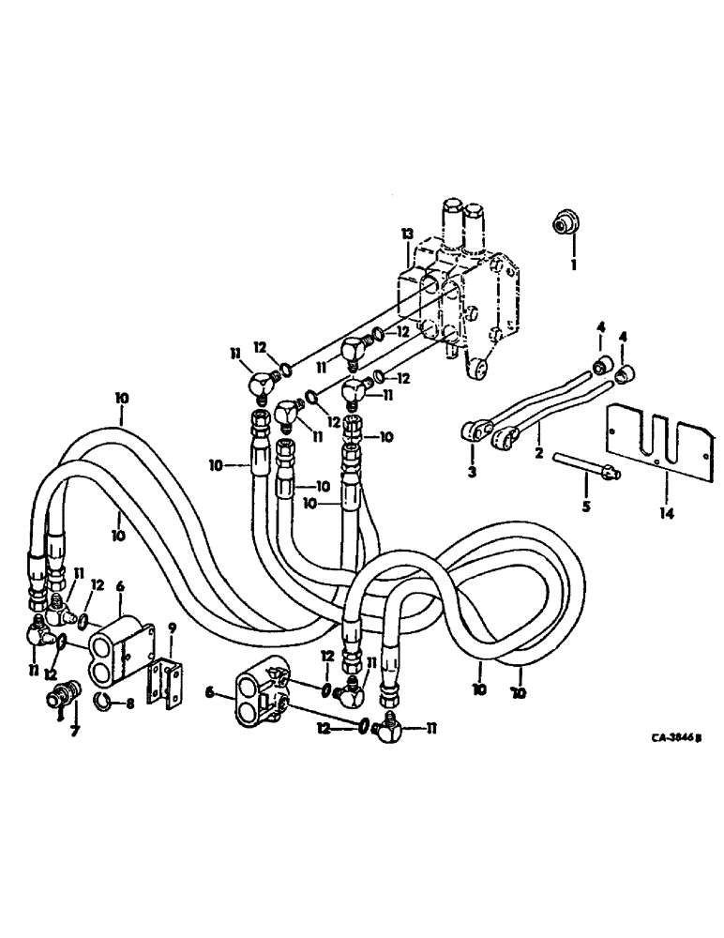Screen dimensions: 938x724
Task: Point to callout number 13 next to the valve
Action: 406,233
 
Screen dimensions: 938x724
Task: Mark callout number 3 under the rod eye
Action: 473,472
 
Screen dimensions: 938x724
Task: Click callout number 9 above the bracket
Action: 172,628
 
